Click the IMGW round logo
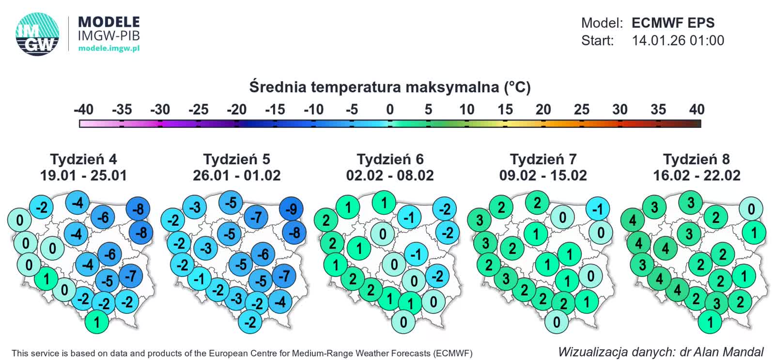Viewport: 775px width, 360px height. click(37, 33)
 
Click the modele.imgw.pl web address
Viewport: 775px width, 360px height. click(109, 48)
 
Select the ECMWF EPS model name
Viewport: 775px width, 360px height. click(673, 23)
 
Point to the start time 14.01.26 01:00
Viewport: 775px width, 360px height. click(678, 40)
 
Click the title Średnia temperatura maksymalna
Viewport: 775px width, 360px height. click(390, 87)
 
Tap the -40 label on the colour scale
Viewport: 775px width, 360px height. click(83, 110)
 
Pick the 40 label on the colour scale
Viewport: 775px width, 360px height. click(697, 110)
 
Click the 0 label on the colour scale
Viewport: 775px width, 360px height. click(390, 110)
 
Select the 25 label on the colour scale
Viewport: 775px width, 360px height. click(581, 110)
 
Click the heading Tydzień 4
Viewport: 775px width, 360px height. click(83, 159)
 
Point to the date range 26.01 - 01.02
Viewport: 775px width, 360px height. click(236, 175)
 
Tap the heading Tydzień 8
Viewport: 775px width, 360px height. click(696, 159)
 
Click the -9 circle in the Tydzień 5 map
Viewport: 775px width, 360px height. click(291, 209)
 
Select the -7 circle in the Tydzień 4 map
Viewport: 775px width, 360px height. click(131, 276)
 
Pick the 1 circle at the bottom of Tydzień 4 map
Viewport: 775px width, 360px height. click(97, 322)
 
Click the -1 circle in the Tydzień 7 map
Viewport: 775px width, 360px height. click(598, 209)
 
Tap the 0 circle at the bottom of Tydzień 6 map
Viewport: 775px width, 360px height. click(403, 322)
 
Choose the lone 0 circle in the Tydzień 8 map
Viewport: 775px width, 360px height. click(751, 209)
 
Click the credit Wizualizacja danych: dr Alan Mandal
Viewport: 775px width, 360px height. click(661, 352)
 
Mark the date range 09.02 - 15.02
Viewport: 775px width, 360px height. click(543, 175)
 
